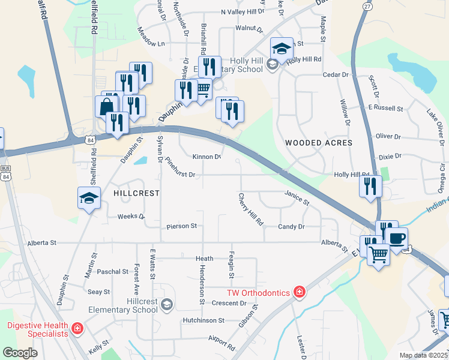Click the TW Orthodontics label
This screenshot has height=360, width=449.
pos(258,293)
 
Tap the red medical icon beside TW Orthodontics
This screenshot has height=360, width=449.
pos(299,292)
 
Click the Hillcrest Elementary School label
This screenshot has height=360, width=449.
pos(122,305)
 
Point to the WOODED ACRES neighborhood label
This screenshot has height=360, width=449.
pos(318,143)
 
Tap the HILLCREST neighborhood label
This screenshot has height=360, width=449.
pos(136,193)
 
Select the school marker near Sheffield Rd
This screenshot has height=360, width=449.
pos(89,198)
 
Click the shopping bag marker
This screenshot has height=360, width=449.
pos(106,106)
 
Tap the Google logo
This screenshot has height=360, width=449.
pos(20,353)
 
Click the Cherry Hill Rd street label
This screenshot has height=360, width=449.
pos(251,209)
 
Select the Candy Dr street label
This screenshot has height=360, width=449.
pos(291,227)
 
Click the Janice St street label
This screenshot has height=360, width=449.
pos(297,198)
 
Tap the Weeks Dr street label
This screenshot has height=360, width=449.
pos(131,216)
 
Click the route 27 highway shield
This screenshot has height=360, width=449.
pos(367,5)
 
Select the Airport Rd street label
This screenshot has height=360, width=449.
pos(221,343)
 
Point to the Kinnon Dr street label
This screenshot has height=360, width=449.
pos(207,157)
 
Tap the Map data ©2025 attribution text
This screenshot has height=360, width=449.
pos(424,355)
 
